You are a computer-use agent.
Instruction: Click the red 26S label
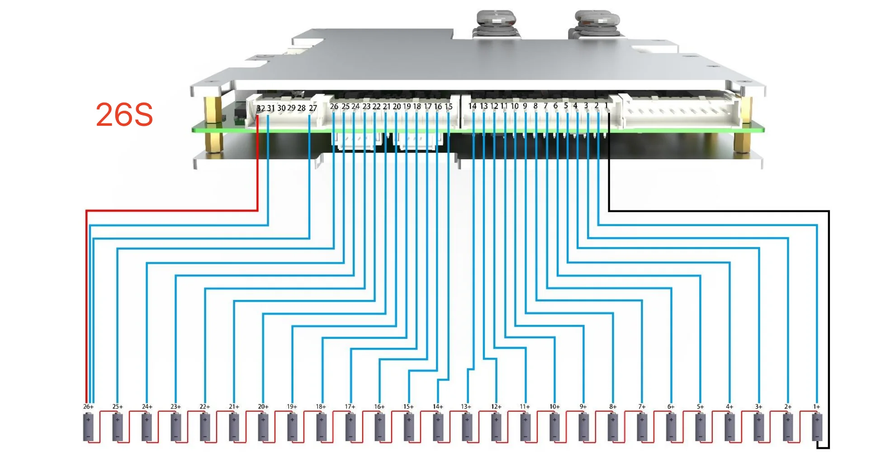click(x=124, y=114)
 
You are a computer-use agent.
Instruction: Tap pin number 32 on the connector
click(x=261, y=109)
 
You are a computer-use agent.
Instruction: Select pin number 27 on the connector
click(x=313, y=109)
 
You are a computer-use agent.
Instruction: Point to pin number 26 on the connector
click(x=334, y=107)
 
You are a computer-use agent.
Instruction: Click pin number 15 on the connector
click(x=449, y=107)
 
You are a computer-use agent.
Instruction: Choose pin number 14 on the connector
click(x=472, y=106)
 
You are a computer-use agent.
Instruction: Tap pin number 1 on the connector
click(x=606, y=106)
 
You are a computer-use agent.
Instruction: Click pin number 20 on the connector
click(x=397, y=107)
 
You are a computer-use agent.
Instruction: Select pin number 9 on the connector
click(x=525, y=106)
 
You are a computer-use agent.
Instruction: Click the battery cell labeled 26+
click(x=88, y=427)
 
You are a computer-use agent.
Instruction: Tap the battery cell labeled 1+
click(x=817, y=427)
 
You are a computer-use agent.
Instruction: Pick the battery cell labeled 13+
click(x=467, y=427)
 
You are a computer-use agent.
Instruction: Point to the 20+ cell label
click(x=263, y=407)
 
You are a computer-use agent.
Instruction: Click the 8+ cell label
click(x=612, y=407)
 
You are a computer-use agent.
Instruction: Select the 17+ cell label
click(x=350, y=407)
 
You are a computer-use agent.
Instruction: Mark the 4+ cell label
click(x=729, y=407)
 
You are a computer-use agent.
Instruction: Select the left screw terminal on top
click(x=496, y=20)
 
